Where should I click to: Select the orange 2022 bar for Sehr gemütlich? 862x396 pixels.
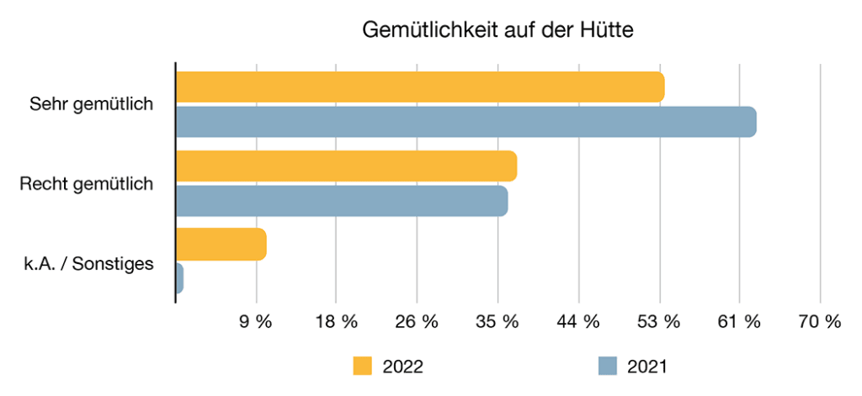(x=419, y=87)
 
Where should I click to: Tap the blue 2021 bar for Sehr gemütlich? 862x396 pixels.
(x=466, y=122)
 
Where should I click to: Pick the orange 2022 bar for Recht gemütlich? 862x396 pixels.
(x=345, y=166)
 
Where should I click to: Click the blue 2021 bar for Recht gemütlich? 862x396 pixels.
(x=341, y=201)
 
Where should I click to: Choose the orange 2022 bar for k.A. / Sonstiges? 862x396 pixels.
(x=221, y=244)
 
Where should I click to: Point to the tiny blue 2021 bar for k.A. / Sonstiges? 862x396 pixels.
(x=179, y=278)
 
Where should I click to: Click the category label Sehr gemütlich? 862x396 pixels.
(x=91, y=105)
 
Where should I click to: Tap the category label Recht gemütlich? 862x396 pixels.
(x=87, y=184)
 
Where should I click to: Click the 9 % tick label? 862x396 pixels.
(x=256, y=322)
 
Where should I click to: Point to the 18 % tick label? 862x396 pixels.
(x=336, y=322)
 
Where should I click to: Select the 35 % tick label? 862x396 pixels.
(x=498, y=322)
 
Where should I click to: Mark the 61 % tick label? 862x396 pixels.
(x=739, y=322)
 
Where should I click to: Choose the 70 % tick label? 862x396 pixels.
(x=820, y=322)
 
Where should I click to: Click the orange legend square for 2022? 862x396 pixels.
(x=363, y=367)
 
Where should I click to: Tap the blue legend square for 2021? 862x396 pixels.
(x=608, y=367)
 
